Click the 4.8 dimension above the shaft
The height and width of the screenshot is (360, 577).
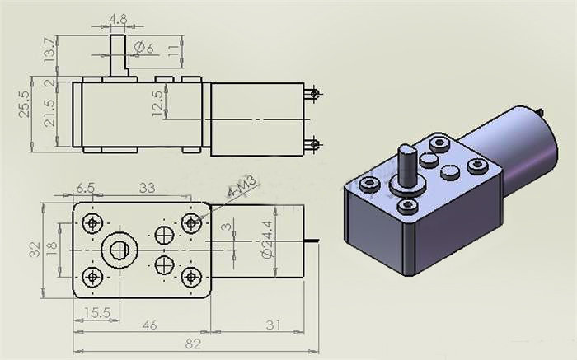pyautogui.click(x=118, y=18)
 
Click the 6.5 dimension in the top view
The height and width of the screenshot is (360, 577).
pyautogui.click(x=85, y=188)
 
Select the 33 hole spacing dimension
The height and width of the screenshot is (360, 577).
pyautogui.click(x=146, y=188)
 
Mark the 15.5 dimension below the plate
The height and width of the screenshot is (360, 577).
pyautogui.click(x=96, y=312)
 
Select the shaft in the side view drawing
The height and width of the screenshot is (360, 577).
pyautogui.click(x=118, y=55)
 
